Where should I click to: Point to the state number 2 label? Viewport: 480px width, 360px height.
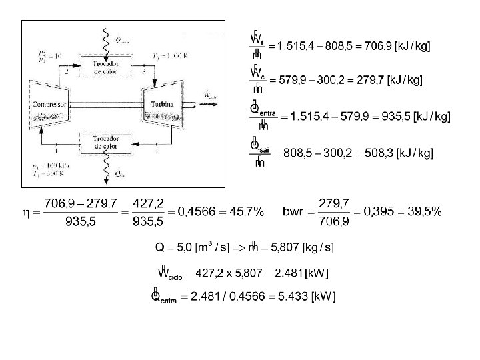pos(67,70)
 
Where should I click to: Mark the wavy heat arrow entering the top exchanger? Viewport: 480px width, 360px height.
pos(105,40)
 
